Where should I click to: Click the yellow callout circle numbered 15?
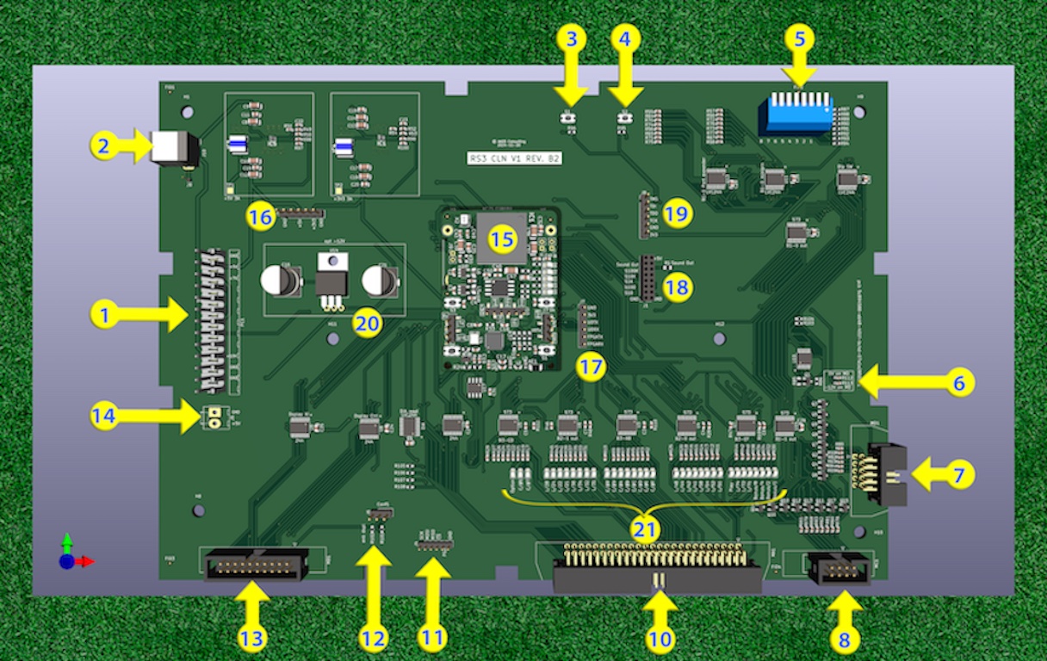pos(502,238)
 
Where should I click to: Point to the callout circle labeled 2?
pos(103,146)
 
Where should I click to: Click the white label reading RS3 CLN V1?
pos(514,158)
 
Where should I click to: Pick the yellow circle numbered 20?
pos(368,324)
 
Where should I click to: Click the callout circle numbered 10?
pos(660,639)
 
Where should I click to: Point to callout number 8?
pos(844,639)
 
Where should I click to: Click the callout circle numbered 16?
pos(260,217)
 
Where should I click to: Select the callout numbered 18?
pos(678,287)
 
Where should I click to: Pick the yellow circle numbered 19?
pos(678,213)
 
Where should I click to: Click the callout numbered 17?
pos(592,368)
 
